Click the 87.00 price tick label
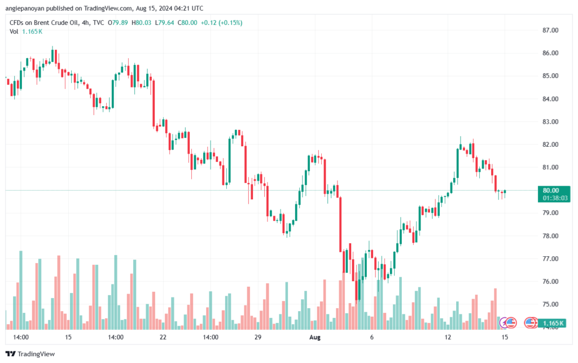(550, 30)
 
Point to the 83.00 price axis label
(550, 121)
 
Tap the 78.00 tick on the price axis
(550, 236)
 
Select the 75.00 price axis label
(550, 304)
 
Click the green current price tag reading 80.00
(551, 190)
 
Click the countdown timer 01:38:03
(554, 198)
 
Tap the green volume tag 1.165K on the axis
(553, 323)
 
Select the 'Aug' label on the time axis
(315, 337)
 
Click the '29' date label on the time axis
(257, 337)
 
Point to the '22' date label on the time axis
(163, 337)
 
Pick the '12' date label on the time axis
(448, 337)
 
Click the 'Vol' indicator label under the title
(14, 32)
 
